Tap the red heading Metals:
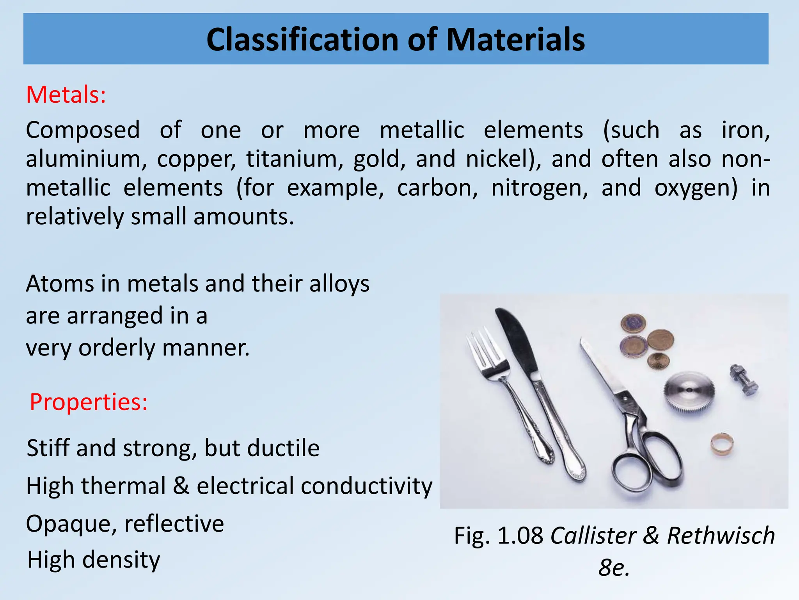pos(66,95)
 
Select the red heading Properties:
pos(89,402)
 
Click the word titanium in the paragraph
pos(295,159)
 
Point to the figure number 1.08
pos(520,536)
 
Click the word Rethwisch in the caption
pos(721,536)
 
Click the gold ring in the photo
pos(722,444)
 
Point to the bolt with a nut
pos(744,379)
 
